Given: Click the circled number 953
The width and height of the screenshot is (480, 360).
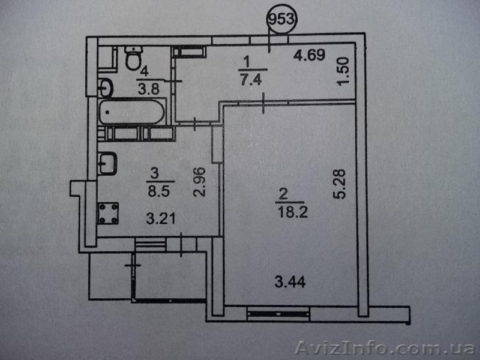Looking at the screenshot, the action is pyautogui.click(x=281, y=19).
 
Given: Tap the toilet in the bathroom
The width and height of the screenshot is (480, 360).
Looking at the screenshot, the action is pyautogui.click(x=134, y=58).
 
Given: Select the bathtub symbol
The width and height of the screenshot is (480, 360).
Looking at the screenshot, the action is pyautogui.click(x=132, y=112).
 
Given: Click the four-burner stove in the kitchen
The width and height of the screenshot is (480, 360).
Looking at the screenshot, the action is pyautogui.click(x=108, y=213).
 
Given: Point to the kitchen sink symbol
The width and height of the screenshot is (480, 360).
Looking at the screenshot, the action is pyautogui.click(x=107, y=163).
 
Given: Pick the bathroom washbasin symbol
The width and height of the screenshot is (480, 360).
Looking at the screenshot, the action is pyautogui.click(x=106, y=88).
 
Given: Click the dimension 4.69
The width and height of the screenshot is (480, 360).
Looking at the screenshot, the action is pyautogui.click(x=309, y=55).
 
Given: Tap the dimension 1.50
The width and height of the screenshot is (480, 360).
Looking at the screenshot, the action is pyautogui.click(x=343, y=71).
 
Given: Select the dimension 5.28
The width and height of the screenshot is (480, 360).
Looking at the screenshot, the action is pyautogui.click(x=339, y=184).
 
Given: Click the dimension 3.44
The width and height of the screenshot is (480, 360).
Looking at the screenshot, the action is pyautogui.click(x=290, y=282).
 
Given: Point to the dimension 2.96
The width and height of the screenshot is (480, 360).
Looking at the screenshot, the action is pyautogui.click(x=199, y=182).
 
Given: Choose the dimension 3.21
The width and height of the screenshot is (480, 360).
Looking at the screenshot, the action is pyautogui.click(x=161, y=219).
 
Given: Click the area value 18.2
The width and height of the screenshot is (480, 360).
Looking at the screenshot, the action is pyautogui.click(x=293, y=212).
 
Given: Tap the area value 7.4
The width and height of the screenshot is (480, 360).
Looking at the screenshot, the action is pyautogui.click(x=251, y=80).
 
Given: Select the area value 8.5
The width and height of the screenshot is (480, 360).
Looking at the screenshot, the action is pyautogui.click(x=158, y=191).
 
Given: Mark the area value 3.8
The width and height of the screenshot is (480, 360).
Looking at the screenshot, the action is pyautogui.click(x=149, y=89).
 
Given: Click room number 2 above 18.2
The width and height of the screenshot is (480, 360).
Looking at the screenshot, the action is pyautogui.click(x=284, y=194).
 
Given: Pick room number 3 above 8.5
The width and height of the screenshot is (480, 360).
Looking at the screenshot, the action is pyautogui.click(x=155, y=173).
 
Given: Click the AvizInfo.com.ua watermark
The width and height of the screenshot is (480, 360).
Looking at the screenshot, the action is pyautogui.click(x=385, y=348).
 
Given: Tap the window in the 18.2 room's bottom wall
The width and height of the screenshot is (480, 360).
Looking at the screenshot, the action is pyautogui.click(x=278, y=314).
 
